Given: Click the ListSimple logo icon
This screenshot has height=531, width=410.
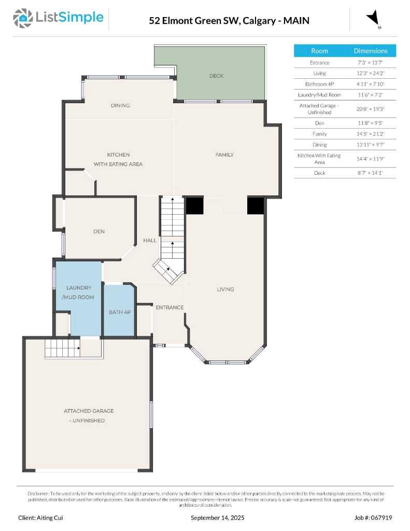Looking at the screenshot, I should pos(22,18).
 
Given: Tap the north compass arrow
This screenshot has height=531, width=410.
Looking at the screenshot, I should pos(373,19).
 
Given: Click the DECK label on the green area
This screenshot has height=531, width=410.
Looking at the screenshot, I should pos(216,76).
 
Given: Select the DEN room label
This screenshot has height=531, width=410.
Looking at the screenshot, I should pos(99,231).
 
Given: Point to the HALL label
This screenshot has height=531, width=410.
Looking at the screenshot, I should pos(150,241).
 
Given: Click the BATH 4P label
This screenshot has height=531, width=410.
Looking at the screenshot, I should pos(119,312).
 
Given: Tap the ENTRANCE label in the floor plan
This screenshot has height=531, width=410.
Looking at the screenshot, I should pos(169,308).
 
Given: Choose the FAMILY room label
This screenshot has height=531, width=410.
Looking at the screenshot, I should pos(224,155).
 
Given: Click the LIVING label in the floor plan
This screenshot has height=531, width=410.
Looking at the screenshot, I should pos(225,289).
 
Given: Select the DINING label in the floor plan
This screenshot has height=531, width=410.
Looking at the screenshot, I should pos(120,105).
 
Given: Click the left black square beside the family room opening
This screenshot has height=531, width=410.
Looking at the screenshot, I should pos(194,206).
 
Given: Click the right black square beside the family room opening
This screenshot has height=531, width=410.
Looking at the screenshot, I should pos(256,206).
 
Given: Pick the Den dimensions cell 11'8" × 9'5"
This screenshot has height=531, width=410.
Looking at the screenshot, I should pos(370,123).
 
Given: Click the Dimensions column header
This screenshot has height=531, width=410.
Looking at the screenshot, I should pos(370,51).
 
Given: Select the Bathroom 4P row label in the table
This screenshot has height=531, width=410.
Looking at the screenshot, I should pos(319,84).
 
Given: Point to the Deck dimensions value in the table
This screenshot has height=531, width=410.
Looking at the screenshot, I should pos(370,173).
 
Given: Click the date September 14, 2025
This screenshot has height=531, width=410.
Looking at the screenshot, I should pos(218,518).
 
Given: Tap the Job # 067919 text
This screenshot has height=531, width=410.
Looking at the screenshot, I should pos(373,518).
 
